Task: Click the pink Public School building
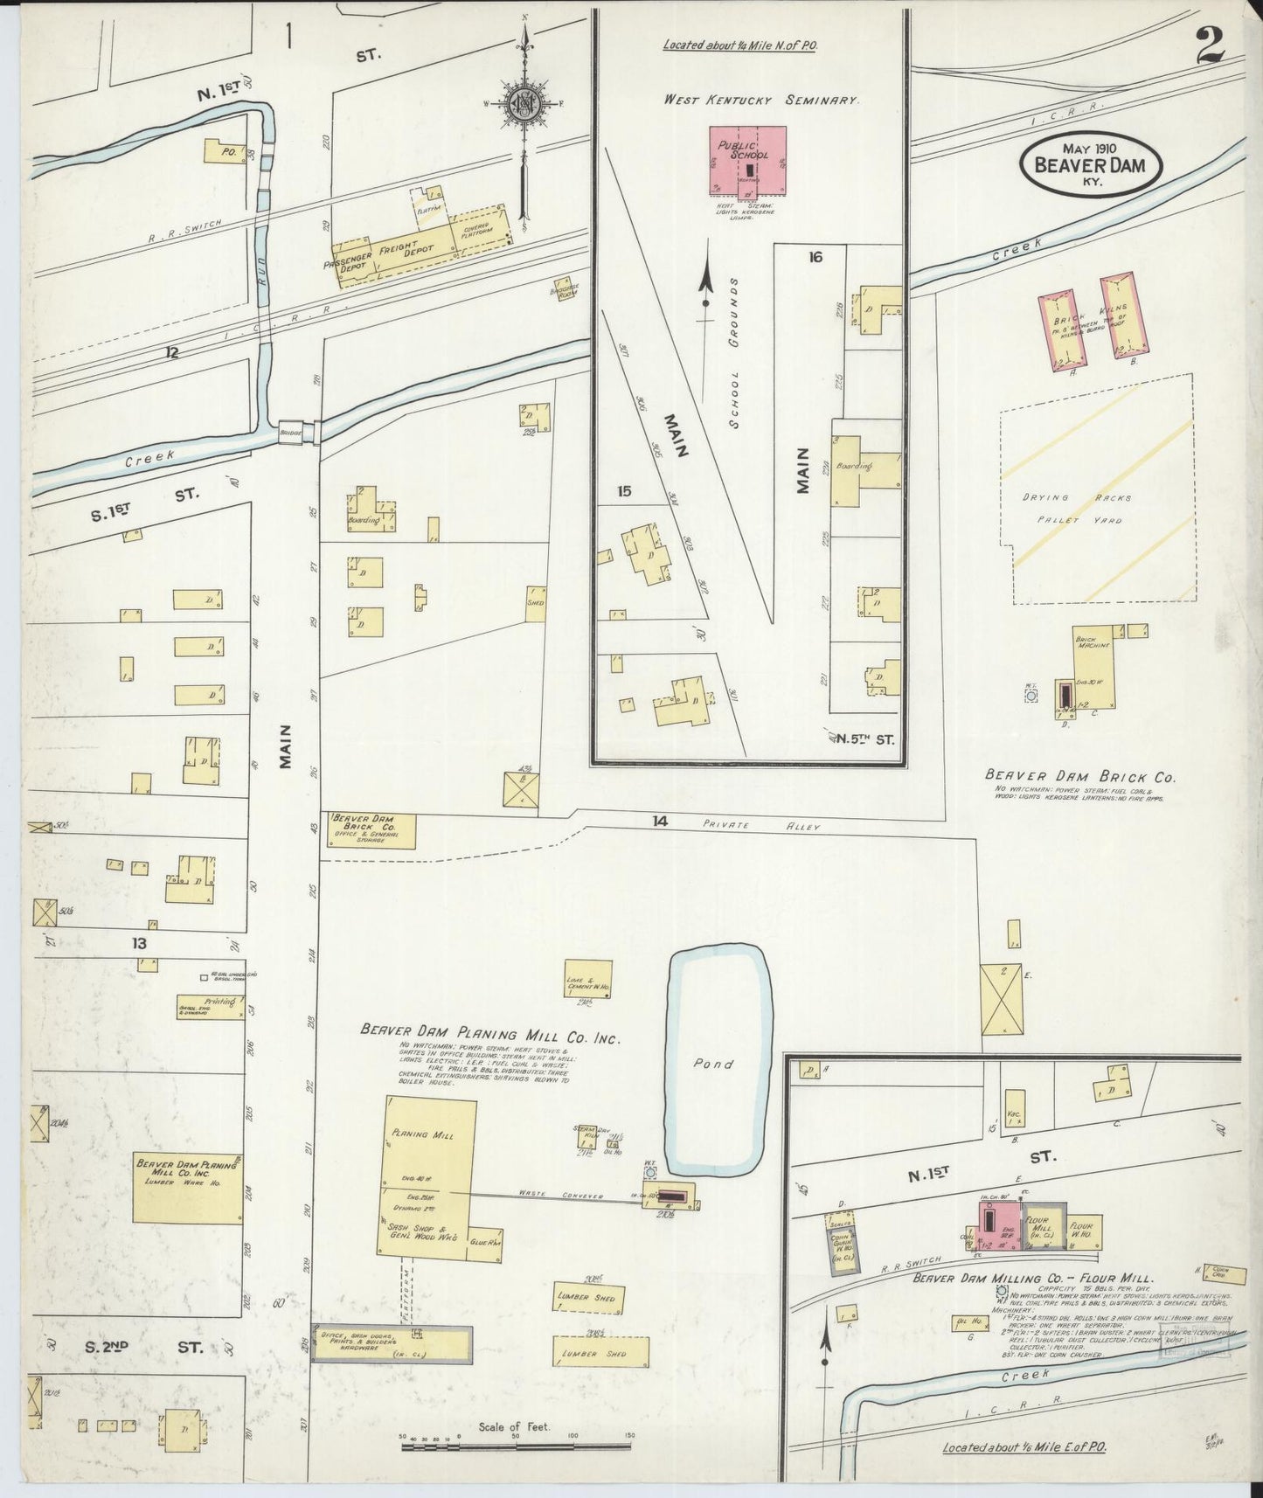coord(747,162)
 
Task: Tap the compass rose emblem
coord(524,102)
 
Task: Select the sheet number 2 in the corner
coord(1211,44)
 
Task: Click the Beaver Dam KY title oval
coord(1092,163)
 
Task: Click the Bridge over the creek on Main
coord(291,432)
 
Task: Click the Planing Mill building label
coord(422,1134)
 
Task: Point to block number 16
coord(815,257)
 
